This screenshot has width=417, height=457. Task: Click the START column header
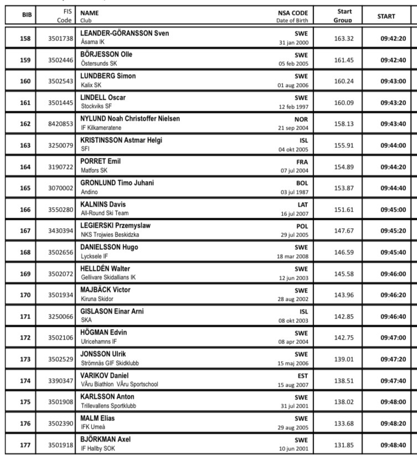pyautogui.click(x=386, y=16)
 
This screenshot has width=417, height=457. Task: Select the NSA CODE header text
pyautogui.click(x=293, y=12)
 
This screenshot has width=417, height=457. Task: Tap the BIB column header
pyautogui.click(x=27, y=16)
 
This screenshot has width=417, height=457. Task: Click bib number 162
pyautogui.click(x=25, y=124)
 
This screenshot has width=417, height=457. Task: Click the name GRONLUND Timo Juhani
pyautogui.click(x=117, y=183)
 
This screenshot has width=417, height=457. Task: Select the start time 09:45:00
pyautogui.click(x=393, y=210)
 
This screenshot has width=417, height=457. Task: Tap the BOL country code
pyautogui.click(x=302, y=183)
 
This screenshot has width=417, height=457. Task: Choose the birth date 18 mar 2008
pyautogui.click(x=293, y=256)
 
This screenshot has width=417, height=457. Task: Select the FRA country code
pyautogui.click(x=302, y=161)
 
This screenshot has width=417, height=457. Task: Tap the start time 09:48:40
pyautogui.click(x=393, y=445)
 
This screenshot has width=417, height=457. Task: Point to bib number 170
pyautogui.click(x=25, y=295)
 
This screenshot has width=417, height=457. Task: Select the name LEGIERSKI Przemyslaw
pyautogui.click(x=116, y=225)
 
